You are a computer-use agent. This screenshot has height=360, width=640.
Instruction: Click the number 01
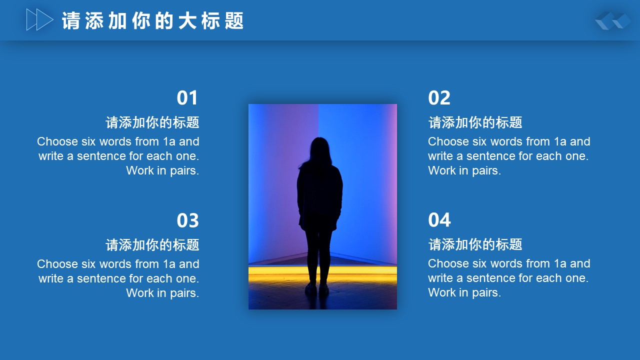pyautogui.click(x=187, y=97)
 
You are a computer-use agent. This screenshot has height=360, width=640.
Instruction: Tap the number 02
pyautogui.click(x=439, y=97)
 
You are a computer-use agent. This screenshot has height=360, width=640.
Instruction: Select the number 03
pyautogui.click(x=187, y=220)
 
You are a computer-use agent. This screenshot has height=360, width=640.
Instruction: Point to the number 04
pyautogui.click(x=439, y=220)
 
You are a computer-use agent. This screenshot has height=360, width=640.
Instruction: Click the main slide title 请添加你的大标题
pyautogui.click(x=153, y=20)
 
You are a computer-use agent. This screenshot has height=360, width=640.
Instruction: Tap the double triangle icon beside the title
pyautogui.click(x=39, y=19)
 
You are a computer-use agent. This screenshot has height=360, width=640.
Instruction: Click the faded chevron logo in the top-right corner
pyautogui.click(x=613, y=20)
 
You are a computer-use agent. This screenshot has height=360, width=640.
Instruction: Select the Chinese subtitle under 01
pyautogui.click(x=152, y=122)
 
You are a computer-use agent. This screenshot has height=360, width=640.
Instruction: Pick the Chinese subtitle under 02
pyautogui.click(x=475, y=122)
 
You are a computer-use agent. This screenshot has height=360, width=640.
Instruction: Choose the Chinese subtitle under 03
pyautogui.click(x=152, y=245)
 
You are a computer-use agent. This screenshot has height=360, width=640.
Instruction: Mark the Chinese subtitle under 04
pyautogui.click(x=475, y=244)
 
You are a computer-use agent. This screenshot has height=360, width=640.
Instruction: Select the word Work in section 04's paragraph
pyautogui.click(x=441, y=292)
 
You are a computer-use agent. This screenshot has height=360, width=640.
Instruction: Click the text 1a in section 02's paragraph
pyautogui.click(x=560, y=141)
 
